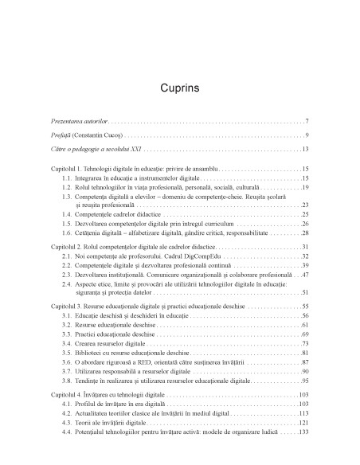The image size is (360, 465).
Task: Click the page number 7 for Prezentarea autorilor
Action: [x=307, y=120]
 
